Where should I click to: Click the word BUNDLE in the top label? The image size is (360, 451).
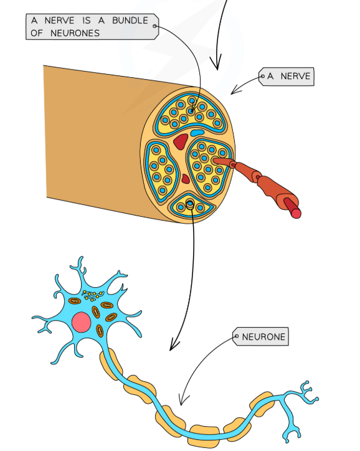tap(130, 21)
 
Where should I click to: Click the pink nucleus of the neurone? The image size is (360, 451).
tap(82, 322)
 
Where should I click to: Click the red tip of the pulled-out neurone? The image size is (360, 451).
tap(296, 213)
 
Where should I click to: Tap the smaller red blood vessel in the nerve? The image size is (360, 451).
tap(185, 180)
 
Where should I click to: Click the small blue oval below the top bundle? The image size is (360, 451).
tap(197, 133)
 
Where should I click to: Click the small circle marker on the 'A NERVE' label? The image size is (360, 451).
tap(262, 77)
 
